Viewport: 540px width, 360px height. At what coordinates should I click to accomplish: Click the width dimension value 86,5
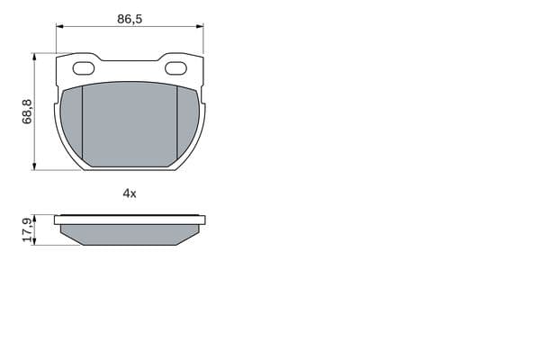point(130,19)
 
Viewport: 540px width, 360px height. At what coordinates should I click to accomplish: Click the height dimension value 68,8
point(27,112)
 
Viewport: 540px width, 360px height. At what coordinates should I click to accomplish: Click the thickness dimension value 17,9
point(27,229)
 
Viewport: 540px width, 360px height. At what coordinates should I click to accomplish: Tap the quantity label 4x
point(130,193)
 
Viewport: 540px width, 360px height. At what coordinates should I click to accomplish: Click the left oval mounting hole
point(84,68)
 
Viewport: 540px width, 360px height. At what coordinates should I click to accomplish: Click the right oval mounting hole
point(176,68)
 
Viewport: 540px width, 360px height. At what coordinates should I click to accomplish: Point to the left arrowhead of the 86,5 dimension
point(59,26)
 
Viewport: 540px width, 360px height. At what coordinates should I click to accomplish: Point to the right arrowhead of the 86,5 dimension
point(200,26)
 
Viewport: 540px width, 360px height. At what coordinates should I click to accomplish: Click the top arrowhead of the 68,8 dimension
point(34,58)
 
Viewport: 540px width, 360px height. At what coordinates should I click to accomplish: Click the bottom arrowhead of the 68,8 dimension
point(34,166)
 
